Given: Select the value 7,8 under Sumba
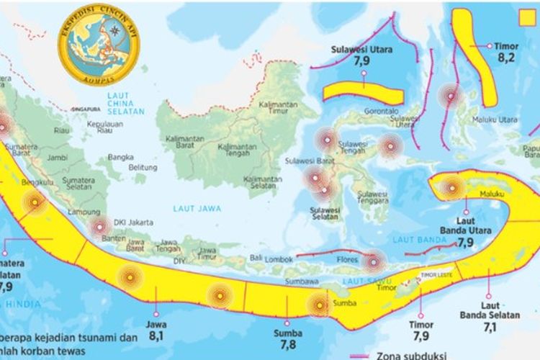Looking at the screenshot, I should coord(287,346).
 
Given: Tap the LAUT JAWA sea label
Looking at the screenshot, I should coord(196,208).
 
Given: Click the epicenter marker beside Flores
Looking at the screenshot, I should coord(374,261).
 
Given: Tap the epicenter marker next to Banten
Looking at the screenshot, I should coord(99,228).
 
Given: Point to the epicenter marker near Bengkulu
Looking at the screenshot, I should coord(34,204).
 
